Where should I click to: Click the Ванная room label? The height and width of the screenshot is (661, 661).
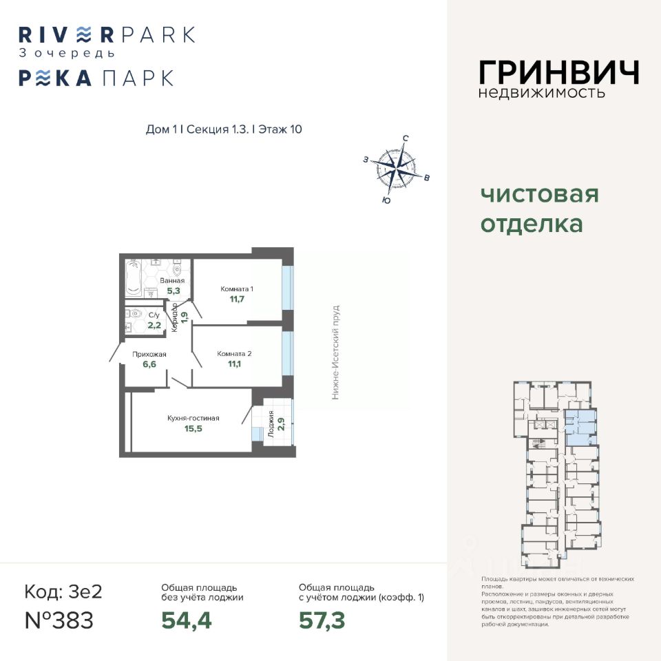point(171,281)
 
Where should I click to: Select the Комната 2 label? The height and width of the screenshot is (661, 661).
point(234,354)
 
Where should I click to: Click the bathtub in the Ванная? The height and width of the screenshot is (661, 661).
point(133,277)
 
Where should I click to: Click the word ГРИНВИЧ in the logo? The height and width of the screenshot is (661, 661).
point(558,72)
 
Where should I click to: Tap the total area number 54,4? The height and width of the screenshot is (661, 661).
point(186,620)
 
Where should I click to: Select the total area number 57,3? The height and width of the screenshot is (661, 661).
point(322,620)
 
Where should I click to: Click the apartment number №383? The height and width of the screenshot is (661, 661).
point(59,620)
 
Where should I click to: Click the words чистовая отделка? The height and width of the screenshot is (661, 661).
point(539,209)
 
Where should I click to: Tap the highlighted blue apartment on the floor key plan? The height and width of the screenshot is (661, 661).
point(578,428)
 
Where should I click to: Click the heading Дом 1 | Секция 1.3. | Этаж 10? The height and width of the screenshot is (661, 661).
point(224,129)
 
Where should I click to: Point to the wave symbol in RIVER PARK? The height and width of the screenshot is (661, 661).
point(83,34)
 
